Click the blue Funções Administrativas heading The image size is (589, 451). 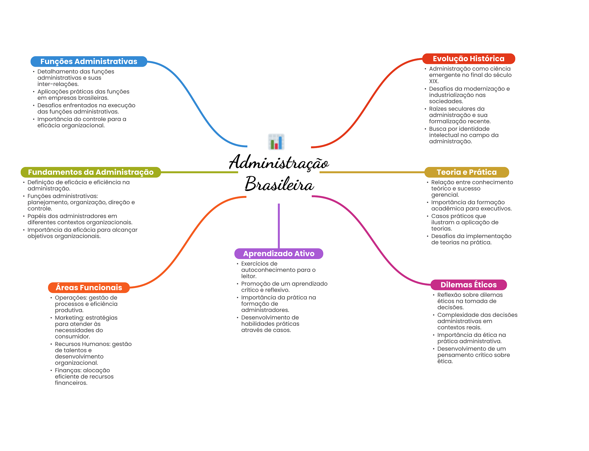click(89, 62)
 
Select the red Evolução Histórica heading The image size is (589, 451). click(468, 59)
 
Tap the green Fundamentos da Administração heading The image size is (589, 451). click(91, 172)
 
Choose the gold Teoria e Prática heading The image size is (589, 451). click(466, 172)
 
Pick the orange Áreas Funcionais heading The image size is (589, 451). click(89, 287)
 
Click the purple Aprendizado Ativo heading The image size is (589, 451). click(278, 254)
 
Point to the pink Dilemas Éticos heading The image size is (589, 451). click(468, 285)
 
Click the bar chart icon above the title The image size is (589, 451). click(276, 142)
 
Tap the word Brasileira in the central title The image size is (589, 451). click(279, 184)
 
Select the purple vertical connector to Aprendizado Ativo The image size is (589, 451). click(279, 226)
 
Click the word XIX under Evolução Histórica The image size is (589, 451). click(433, 81)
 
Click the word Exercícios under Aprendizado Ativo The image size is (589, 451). click(259, 264)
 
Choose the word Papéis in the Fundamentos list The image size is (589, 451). click(36, 216)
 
